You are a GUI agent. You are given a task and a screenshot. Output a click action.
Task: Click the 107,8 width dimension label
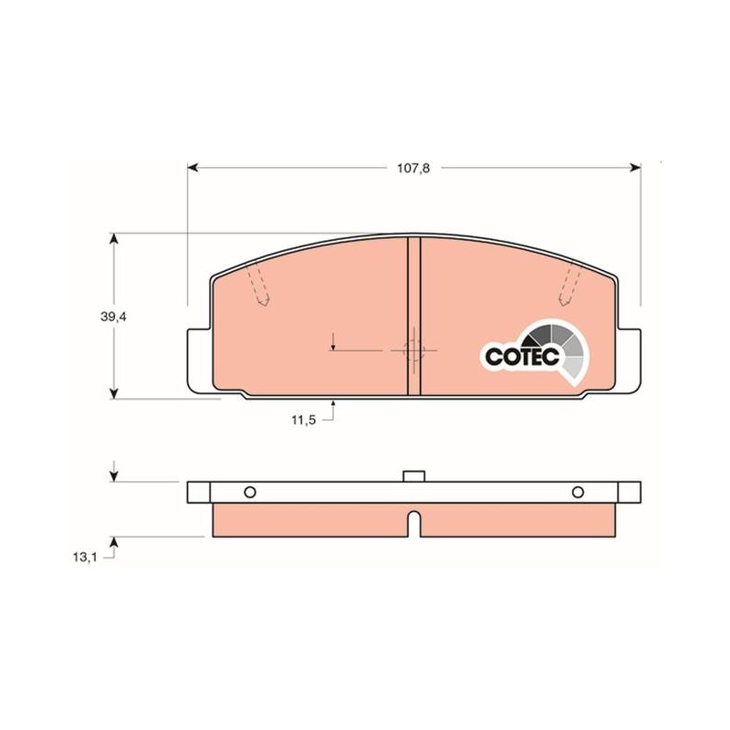413,169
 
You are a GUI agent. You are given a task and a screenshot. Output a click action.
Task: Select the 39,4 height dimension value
113,317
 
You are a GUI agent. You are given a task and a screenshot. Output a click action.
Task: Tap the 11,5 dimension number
304,420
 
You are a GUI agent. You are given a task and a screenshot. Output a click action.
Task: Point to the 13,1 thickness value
84,557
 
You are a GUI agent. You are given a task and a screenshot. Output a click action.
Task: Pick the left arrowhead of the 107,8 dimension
193,168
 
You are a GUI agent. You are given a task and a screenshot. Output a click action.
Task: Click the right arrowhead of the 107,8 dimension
635,168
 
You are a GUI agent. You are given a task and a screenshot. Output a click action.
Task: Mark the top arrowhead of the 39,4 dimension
113,239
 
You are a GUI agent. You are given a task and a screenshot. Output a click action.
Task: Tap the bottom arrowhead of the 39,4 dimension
113,393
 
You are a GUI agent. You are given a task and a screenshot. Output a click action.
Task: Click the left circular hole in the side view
250,492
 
